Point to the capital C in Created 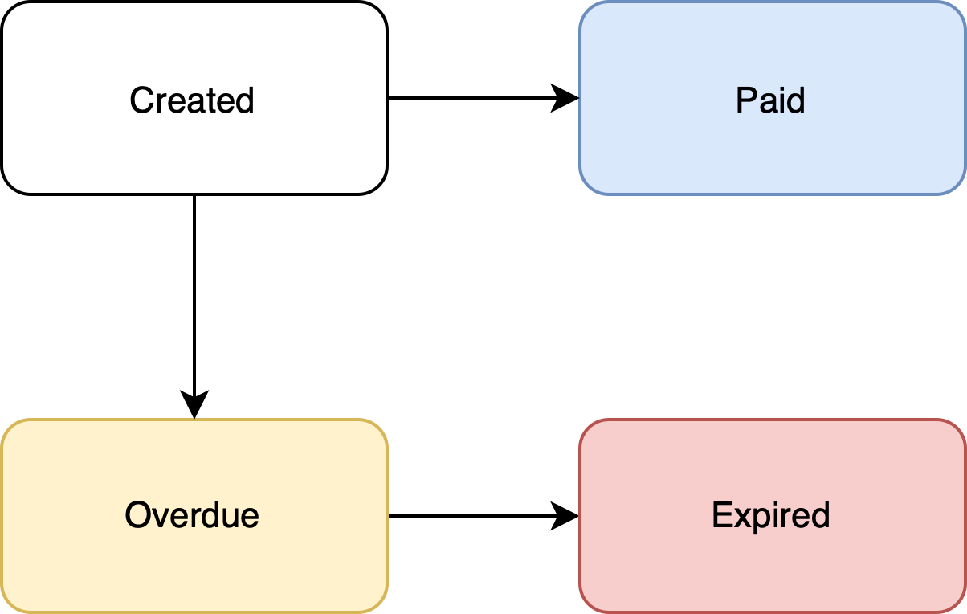coord(141,100)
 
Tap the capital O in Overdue coord(137,515)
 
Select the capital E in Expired coord(720,515)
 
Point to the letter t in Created coord(209,101)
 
